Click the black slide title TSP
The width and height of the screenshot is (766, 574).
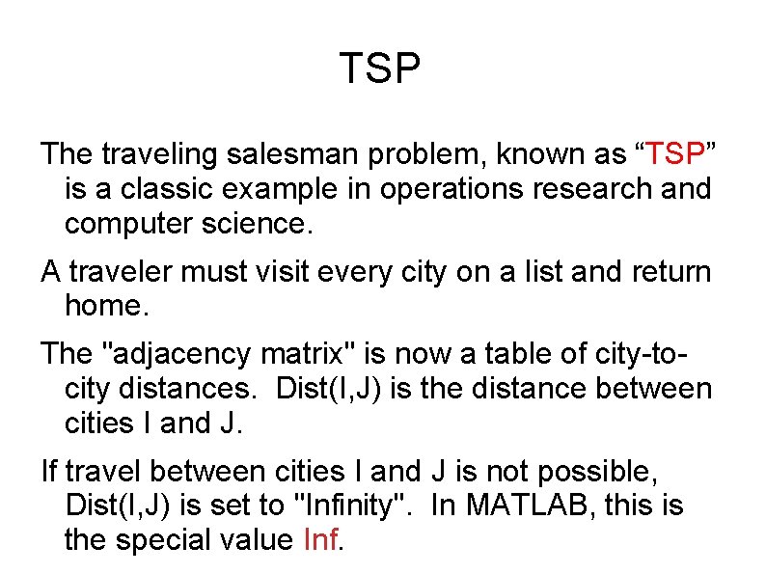pos(381,68)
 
